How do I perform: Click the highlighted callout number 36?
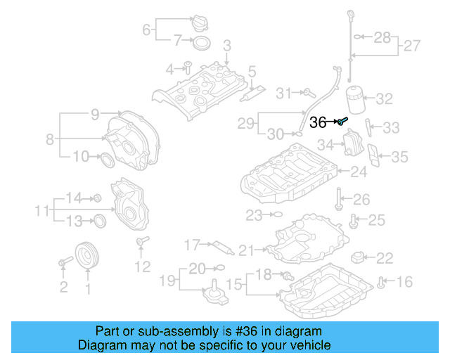pyautogui.click(x=318, y=122)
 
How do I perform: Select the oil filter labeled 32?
pyautogui.click(x=358, y=99)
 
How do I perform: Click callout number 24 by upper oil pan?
pyautogui.click(x=359, y=171)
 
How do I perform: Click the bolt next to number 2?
pyautogui.click(x=65, y=262)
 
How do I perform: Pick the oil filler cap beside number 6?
pyautogui.click(x=199, y=22)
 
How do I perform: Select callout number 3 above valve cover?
pyautogui.click(x=226, y=46)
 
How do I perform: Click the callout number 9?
pyautogui.click(x=95, y=114)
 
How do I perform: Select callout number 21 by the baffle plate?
pyautogui.click(x=245, y=250)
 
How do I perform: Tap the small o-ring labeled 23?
pyautogui.click(x=276, y=214)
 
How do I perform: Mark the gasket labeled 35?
pyautogui.click(x=375, y=158)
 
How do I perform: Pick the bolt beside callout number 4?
pyautogui.click(x=188, y=68)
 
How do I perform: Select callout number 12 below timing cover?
pyautogui.click(x=142, y=266)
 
